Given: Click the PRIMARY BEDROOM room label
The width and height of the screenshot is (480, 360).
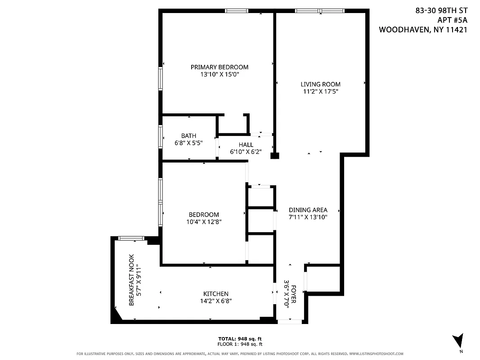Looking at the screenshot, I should (x=219, y=67).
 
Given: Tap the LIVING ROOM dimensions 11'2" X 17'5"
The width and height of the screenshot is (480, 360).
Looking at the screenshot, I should (x=320, y=91).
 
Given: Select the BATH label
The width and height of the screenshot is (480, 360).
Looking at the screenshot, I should (x=188, y=136).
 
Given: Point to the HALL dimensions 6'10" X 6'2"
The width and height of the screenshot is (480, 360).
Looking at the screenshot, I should (x=246, y=152).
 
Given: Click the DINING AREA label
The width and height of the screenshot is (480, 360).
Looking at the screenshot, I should (x=308, y=210).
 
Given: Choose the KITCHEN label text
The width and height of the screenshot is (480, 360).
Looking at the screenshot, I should (x=215, y=294).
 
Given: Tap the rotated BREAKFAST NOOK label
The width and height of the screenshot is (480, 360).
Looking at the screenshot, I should (x=131, y=280).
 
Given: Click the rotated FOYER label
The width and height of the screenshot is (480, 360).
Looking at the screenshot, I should (x=294, y=294).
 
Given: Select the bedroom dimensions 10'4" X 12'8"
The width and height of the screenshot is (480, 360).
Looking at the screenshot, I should (x=204, y=222).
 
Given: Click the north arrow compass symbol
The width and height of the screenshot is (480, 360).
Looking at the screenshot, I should (x=458, y=341).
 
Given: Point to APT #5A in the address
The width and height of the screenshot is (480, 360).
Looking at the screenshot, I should (x=452, y=20).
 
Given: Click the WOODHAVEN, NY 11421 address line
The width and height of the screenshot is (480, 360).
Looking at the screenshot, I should (x=423, y=30).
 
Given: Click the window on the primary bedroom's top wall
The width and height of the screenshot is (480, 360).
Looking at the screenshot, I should (x=236, y=11).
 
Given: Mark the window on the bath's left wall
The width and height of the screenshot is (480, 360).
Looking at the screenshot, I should (x=160, y=136).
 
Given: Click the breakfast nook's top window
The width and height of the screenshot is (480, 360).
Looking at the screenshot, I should (x=131, y=238).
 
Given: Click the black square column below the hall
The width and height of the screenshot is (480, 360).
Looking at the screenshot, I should (x=274, y=156).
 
